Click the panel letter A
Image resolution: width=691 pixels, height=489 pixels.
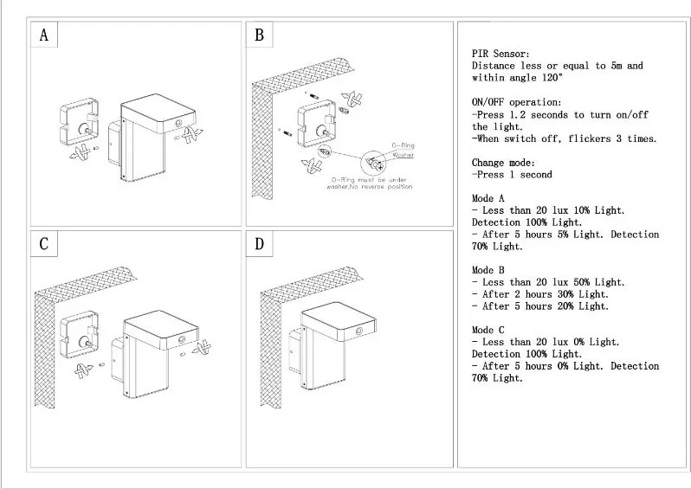click(43, 36)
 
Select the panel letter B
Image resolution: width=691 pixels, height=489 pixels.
click(259, 36)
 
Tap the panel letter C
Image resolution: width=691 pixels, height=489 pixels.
click(43, 245)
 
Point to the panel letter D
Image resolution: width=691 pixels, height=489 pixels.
click(259, 245)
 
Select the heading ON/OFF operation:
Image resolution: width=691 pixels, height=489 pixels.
click(516, 102)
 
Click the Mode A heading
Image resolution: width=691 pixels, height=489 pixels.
click(489, 198)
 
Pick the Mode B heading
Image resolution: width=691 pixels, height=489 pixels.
click(489, 270)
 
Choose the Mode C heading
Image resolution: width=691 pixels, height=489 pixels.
click(489, 330)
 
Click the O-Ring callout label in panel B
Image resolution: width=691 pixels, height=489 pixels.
click(404, 146)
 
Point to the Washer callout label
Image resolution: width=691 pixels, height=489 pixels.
click(403, 155)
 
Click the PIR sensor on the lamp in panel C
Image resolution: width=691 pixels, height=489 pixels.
click(181, 341)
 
